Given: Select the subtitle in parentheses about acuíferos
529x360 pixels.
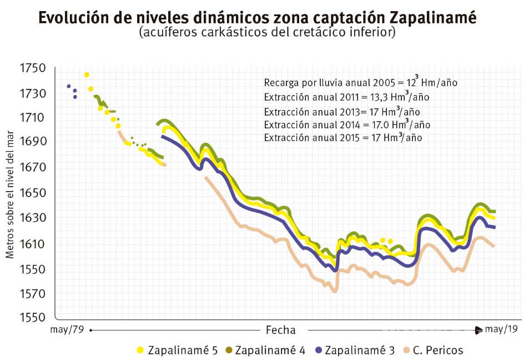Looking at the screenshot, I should click(x=267, y=33).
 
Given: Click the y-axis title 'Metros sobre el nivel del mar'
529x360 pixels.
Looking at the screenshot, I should click(x=10, y=194).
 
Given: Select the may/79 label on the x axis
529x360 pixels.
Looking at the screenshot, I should click(x=67, y=329).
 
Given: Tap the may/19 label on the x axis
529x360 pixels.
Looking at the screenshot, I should click(x=501, y=329).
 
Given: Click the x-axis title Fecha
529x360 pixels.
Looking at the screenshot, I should click(x=280, y=329).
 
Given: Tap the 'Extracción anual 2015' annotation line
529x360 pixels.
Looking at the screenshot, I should click(x=342, y=138).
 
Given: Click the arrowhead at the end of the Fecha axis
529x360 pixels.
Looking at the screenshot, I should click(x=479, y=331).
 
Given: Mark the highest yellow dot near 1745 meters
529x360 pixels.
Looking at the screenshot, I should click(x=87, y=74).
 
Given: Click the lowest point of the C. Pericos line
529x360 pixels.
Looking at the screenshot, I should click(x=334, y=291).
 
